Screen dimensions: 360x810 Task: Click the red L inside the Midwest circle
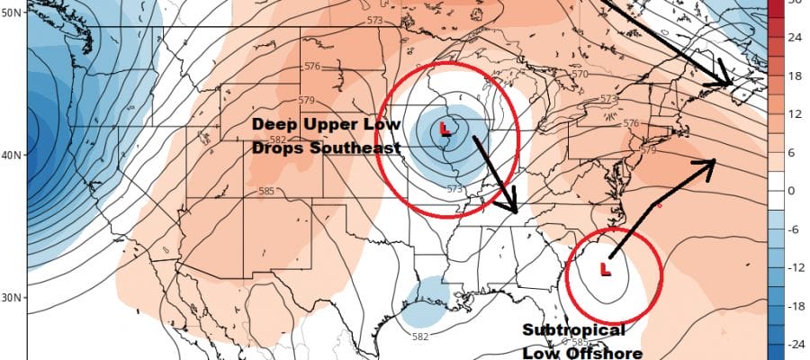445,130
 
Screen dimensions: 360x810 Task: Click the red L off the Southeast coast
605,269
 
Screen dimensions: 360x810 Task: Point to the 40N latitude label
12,155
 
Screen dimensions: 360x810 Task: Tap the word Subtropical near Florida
573,331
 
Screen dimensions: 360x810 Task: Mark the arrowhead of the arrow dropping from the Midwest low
515,209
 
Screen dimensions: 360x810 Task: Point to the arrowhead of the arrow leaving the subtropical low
712,162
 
